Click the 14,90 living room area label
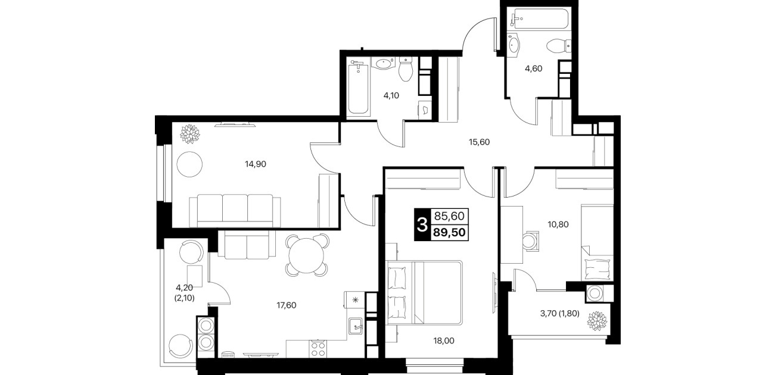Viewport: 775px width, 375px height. (256, 164)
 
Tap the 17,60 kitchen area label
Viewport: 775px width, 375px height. (287, 305)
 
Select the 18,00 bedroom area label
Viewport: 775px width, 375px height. (444, 341)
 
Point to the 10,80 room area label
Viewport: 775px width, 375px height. (558, 224)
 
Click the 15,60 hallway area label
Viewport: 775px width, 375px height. (479, 142)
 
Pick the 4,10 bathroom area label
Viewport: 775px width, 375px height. (391, 95)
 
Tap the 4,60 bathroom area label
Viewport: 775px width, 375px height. (534, 68)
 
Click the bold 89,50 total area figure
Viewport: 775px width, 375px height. (449, 232)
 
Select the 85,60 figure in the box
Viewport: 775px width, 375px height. (449, 216)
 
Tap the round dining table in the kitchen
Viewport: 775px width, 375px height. (307, 255)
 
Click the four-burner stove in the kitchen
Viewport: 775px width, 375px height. (318, 348)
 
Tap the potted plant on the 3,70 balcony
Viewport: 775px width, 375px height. (597, 321)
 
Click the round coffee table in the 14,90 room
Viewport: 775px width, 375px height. (189, 164)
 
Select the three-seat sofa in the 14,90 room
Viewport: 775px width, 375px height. (235, 211)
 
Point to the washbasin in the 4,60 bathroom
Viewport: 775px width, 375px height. (515, 45)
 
